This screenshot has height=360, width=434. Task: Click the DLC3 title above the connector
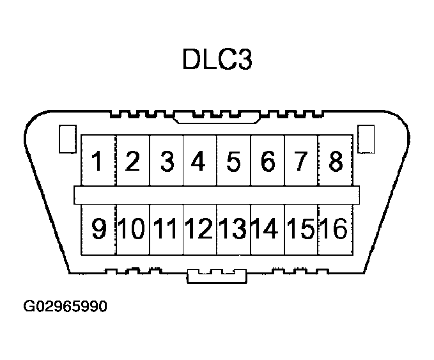point(217,59)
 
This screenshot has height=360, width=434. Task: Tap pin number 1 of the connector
point(98,161)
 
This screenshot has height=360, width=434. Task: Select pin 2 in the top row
point(132,161)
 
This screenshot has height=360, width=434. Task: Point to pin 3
point(166,161)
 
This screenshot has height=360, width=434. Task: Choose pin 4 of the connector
point(199,161)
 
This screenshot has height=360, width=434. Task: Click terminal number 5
point(233,161)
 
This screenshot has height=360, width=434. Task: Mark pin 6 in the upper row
point(267,161)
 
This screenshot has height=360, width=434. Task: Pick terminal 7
point(300,161)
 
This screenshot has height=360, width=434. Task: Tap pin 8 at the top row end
point(334,161)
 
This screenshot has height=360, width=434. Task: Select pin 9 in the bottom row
point(98,228)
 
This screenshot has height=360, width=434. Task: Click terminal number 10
point(132,228)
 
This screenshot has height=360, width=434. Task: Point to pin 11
point(166,228)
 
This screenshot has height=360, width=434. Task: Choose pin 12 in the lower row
point(199,228)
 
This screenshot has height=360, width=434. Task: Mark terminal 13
point(233,228)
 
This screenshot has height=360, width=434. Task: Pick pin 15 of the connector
point(300,228)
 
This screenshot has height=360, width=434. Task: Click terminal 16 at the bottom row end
point(334,228)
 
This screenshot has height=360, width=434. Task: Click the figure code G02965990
point(65,306)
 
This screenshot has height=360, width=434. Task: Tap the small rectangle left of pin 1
point(66,139)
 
